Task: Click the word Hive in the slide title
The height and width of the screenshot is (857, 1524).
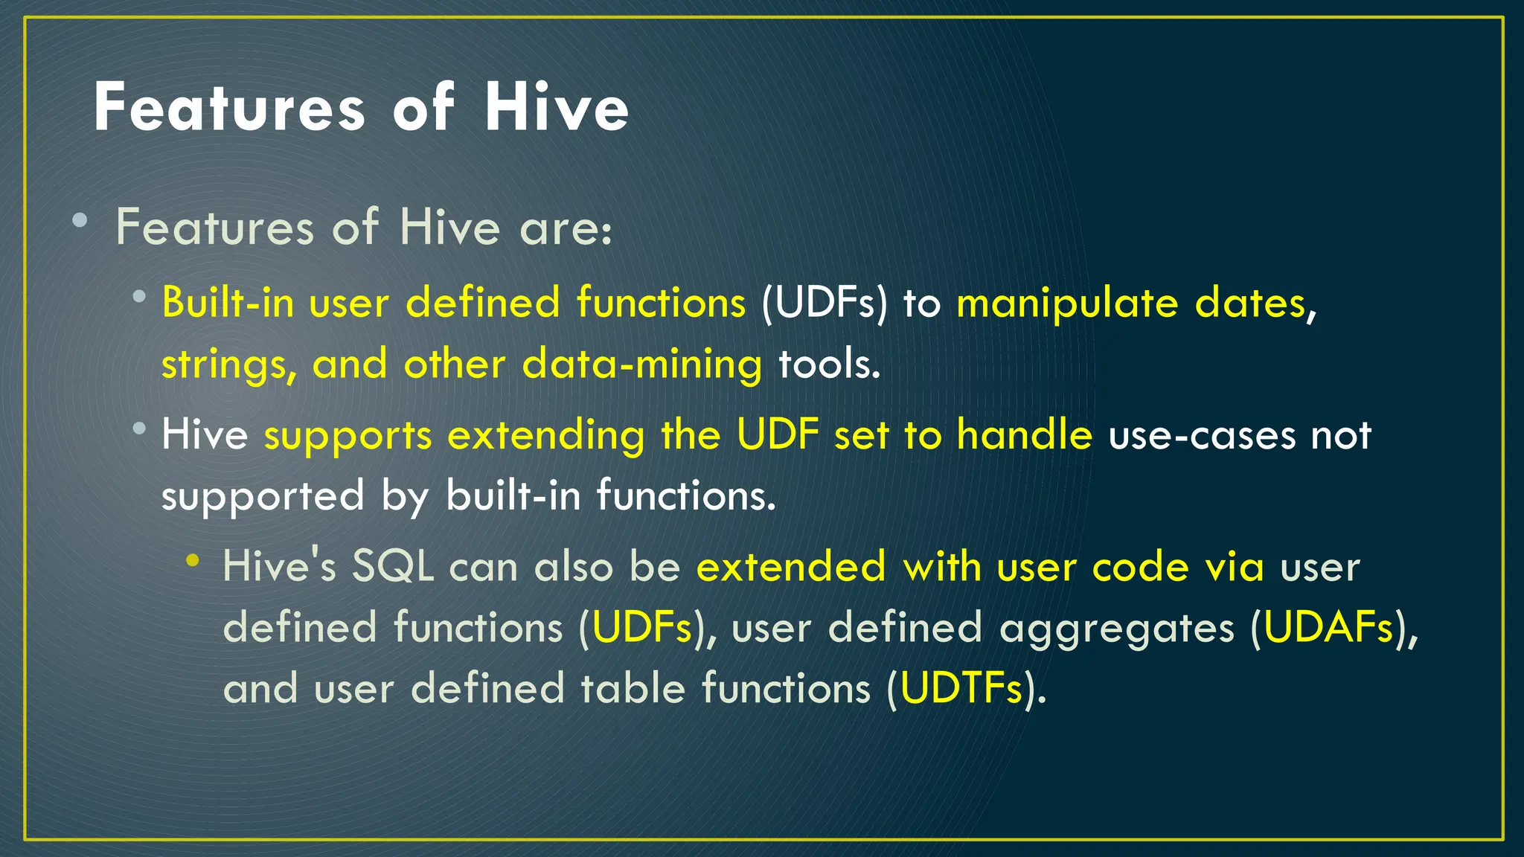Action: click(x=557, y=108)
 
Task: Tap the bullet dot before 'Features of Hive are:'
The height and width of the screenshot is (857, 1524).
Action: click(x=80, y=221)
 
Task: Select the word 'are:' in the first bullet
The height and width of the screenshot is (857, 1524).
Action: click(x=566, y=228)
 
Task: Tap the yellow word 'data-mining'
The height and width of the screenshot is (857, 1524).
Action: click(x=641, y=365)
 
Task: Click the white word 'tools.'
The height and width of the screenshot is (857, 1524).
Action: click(x=829, y=365)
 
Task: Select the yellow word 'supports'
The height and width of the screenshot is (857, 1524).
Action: click(x=348, y=436)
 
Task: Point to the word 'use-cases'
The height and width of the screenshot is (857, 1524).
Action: click(x=1202, y=436)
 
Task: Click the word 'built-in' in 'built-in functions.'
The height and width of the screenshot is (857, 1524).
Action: click(x=513, y=495)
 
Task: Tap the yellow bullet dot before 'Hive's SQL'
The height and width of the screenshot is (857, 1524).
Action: click(x=193, y=560)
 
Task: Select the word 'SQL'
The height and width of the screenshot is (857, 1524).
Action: click(x=393, y=567)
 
